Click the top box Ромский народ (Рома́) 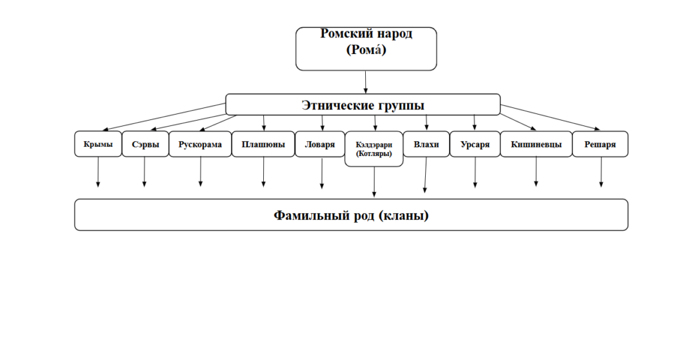(366, 49)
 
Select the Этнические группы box (362, 105)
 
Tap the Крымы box (98, 144)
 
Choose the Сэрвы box (145, 144)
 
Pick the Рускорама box (200, 144)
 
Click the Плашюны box (263, 144)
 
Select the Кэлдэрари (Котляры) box (374, 149)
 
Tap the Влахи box (426, 144)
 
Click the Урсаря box (474, 144)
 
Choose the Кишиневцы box (536, 144)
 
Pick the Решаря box (600, 144)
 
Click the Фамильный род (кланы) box (351, 215)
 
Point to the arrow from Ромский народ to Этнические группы (366, 81)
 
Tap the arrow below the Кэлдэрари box (374, 181)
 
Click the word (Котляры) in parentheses (374, 153)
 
